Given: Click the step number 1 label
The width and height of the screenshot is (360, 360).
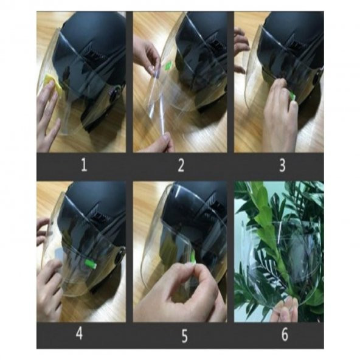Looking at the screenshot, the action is point(85,165).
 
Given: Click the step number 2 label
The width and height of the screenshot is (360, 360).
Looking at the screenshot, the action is point(181,165).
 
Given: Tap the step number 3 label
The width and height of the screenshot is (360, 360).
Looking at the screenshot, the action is point(282,165).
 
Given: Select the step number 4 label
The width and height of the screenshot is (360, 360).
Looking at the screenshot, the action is point(79,334).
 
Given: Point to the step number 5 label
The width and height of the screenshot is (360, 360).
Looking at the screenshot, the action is point(184,336).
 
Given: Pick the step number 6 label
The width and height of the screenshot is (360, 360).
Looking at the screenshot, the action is point(285,334).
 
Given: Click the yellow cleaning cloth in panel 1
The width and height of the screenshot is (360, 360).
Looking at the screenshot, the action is point(54,82).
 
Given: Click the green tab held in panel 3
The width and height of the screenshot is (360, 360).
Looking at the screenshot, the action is point(292,95).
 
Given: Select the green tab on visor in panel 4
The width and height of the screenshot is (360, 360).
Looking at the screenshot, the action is point(91,263).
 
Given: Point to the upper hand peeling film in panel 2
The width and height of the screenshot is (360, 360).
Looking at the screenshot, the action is point(147,55).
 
